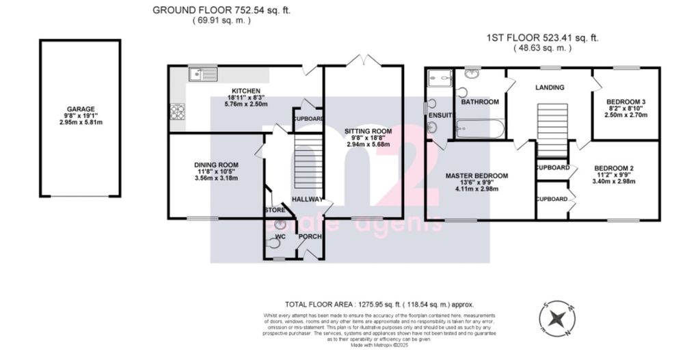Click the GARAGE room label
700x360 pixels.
tap(80, 109)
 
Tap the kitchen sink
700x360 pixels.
tap(203, 74)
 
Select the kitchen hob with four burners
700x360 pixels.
tap(178, 111)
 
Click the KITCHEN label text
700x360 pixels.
tap(245, 91)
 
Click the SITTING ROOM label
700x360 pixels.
tap(367, 130)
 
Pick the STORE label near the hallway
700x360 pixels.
tap(275, 210)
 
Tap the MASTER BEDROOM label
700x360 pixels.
tap(476, 176)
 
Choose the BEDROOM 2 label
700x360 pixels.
tap(615, 168)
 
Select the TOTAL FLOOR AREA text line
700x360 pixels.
tap(379, 304)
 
